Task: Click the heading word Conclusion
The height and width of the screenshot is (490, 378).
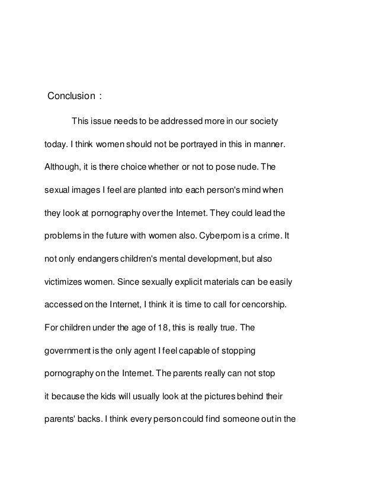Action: coord(71,96)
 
